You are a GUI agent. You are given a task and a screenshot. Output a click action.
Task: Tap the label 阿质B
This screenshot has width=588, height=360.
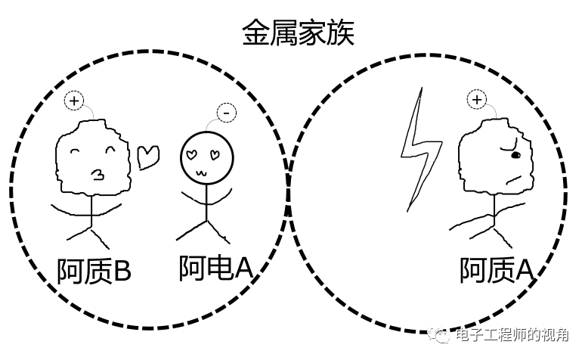pos(94,271)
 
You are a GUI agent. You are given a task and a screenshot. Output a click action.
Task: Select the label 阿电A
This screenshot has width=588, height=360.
pos(215,268)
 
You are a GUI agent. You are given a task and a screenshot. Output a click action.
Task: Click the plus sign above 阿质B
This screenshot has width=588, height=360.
pos(73,101)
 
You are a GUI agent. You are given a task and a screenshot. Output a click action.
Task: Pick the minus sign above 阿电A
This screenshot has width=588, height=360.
pos(226,113)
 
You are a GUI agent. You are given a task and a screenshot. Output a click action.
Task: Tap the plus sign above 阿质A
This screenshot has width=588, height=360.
pos(476,99)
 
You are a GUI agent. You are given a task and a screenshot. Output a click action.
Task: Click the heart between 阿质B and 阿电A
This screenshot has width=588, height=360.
pos(148,156)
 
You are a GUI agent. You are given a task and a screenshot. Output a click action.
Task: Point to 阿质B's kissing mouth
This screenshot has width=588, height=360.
pos(96,175)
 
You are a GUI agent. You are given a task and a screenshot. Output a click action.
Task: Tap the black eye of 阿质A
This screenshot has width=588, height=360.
pos(516,155)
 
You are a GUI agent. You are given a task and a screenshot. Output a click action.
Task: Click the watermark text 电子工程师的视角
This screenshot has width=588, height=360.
pos(514,335)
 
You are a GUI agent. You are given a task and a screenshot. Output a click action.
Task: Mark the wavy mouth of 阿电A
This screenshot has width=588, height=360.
pos(202,172)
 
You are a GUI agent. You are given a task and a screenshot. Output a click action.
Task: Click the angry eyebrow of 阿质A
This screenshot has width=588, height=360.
pos(511,143)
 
